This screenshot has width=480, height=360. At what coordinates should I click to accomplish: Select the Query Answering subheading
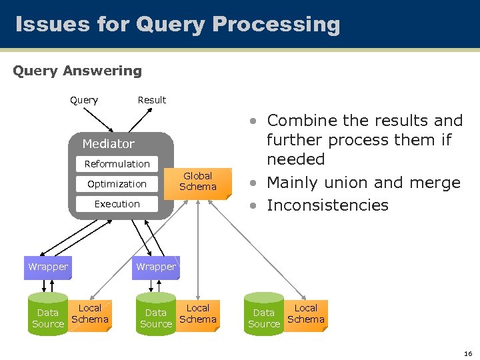77,71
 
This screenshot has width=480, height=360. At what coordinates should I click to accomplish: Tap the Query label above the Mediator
84,100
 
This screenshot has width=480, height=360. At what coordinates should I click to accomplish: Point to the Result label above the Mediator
151,100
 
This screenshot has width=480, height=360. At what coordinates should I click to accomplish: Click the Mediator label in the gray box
108,144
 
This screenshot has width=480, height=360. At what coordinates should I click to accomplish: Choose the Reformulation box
117,164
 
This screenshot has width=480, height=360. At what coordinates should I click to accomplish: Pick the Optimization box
117,184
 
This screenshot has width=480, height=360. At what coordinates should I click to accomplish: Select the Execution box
117,204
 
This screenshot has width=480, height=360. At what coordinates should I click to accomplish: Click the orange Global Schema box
197,182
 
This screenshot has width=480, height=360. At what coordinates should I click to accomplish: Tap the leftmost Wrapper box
47,267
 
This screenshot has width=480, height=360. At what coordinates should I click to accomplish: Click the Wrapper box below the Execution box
155,267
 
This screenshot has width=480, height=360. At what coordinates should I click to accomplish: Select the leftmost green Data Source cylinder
48,315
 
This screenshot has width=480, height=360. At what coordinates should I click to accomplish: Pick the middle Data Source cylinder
156,315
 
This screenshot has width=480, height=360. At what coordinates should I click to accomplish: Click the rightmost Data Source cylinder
264,315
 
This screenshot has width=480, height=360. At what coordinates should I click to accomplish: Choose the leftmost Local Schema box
90,314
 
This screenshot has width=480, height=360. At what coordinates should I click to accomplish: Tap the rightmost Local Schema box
306,314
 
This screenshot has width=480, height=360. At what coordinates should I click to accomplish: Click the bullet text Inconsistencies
327,205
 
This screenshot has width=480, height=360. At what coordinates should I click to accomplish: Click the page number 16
468,353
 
